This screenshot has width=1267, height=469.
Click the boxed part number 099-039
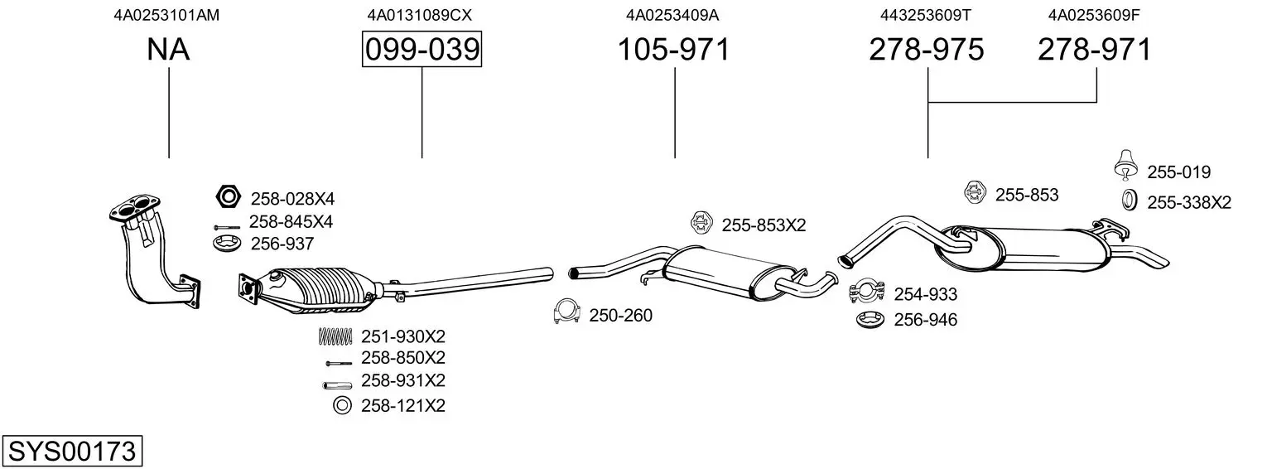tap(422, 51)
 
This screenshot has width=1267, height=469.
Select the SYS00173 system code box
tap(71, 452)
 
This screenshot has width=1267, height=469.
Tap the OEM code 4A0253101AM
tap(167, 14)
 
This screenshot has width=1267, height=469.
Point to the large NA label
tap(168, 51)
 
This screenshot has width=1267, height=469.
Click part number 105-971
tap(674, 51)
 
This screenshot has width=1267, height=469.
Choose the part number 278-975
tap(927, 51)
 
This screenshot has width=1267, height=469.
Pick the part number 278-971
tap(1095, 51)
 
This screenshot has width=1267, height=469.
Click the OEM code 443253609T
tap(925, 14)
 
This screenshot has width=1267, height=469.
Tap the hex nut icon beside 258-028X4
tap(227, 197)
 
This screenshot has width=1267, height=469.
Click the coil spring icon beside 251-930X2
tap(335, 336)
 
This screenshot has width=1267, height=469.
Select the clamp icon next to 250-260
tap(566, 312)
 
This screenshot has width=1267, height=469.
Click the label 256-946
tap(925, 320)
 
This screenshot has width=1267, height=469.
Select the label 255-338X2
tap(1188, 201)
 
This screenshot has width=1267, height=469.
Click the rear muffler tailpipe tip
tap(1155, 260)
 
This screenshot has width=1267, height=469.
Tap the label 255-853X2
tap(763, 225)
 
